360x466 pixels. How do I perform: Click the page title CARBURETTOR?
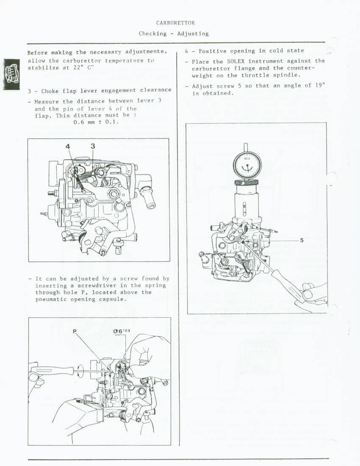175,23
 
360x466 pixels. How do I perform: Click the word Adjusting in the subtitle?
193,33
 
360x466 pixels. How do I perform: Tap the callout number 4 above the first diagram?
68,146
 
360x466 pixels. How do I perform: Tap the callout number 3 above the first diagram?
93,146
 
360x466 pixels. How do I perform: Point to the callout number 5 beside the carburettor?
302,240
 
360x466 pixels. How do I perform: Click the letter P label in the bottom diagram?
75,331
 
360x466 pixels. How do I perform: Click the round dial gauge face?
246,165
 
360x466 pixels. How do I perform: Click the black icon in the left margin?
11,74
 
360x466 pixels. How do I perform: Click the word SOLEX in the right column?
236,61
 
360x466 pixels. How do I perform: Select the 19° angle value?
320,86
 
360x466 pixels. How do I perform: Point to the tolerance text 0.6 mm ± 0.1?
96,122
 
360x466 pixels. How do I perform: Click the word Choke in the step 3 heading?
50,91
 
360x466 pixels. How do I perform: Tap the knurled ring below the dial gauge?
246,182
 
